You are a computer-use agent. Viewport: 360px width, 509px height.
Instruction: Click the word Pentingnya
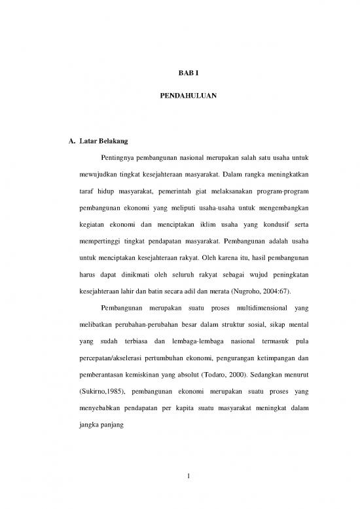tap(117, 159)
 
